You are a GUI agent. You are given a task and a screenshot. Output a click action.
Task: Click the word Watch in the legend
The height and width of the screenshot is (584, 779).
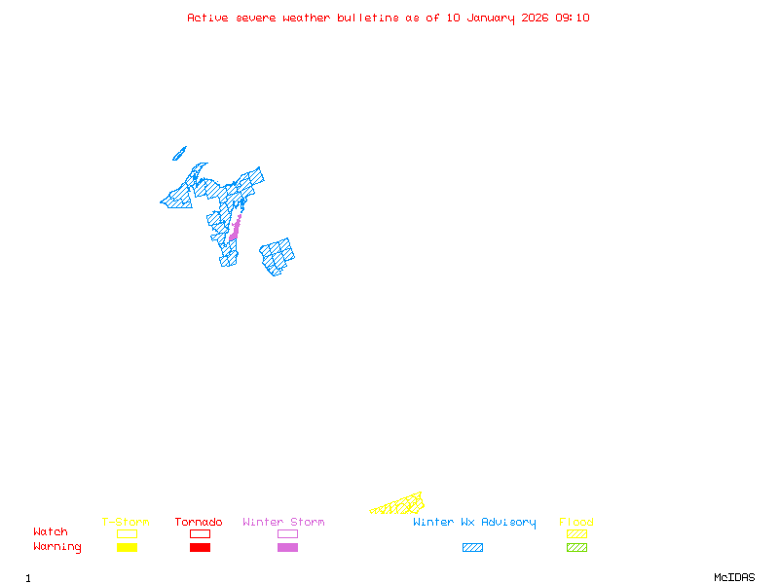pos(51,532)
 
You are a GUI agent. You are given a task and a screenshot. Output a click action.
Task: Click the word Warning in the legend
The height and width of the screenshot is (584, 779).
pos(57,547)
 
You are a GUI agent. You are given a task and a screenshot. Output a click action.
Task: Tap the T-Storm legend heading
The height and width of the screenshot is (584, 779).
pos(126,523)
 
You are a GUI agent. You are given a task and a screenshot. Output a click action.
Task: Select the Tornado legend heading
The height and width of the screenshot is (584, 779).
pos(199,523)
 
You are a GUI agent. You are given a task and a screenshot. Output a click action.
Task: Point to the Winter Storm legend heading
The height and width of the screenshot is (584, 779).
pos(283,523)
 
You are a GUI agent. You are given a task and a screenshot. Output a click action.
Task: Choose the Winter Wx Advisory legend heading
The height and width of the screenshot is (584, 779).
pos(474,523)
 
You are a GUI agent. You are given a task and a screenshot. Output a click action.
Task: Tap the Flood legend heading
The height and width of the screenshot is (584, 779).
pos(576,523)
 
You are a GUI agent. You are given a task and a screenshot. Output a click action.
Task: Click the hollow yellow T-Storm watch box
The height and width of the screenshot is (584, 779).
pos(127,533)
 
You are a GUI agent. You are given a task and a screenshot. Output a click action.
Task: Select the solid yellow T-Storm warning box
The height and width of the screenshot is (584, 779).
pos(127,548)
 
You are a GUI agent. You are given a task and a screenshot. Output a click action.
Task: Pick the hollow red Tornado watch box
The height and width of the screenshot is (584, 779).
pos(200,533)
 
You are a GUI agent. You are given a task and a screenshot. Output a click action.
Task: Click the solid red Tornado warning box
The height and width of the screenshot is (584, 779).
pos(200,548)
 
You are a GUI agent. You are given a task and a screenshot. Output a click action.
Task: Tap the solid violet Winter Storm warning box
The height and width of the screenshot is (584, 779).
pos(287,548)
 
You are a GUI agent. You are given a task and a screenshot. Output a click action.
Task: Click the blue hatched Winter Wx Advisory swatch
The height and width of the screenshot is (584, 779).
pos(472,548)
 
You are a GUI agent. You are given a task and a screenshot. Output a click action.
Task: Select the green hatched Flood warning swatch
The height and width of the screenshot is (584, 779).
pos(576,548)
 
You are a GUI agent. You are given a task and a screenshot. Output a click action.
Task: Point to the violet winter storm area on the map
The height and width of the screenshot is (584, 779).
pos(235,230)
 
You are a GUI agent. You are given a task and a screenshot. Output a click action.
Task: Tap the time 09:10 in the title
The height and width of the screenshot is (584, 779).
pos(573,18)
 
